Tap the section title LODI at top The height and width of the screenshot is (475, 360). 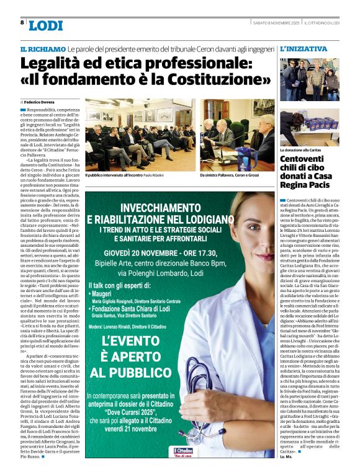pyautogui.click(x=46, y=25)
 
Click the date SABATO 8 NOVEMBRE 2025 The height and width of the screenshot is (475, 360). pyautogui.click(x=276, y=23)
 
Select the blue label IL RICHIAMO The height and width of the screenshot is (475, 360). pyautogui.click(x=42, y=49)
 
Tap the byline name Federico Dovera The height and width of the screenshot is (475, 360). pyautogui.click(x=41, y=101)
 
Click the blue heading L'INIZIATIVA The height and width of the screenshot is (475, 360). pyautogui.click(x=304, y=48)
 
